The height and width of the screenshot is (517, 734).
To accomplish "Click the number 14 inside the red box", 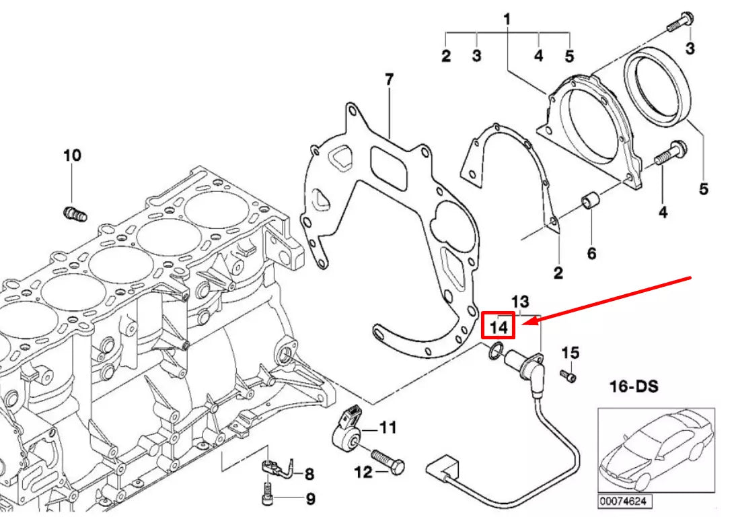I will coord(498,326).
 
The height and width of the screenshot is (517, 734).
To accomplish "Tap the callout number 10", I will coord(72,156).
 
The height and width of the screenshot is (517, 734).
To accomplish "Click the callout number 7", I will coord(389,79).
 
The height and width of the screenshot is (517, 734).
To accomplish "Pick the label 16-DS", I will coord(633,387).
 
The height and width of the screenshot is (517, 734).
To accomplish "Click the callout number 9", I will coord(310,499).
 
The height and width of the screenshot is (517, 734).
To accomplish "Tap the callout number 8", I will coord(309,475).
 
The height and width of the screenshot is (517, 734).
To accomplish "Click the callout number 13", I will coord(520,301).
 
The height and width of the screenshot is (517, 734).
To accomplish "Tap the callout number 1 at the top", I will coord(507,20).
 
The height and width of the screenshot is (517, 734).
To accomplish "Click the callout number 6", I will coord(591,254).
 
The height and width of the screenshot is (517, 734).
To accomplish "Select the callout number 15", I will coord(570,353).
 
